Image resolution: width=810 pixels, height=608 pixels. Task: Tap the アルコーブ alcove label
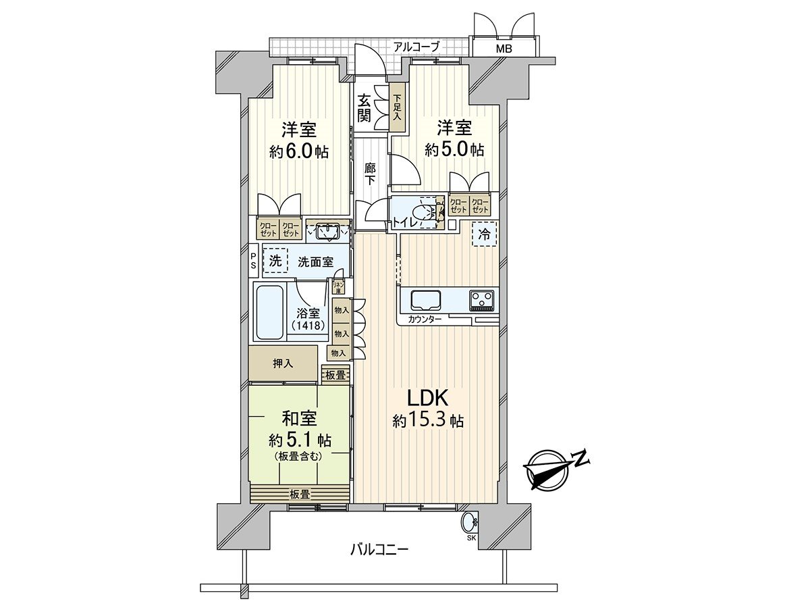[x=416, y=47]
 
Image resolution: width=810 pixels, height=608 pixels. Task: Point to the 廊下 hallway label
[x=370, y=174]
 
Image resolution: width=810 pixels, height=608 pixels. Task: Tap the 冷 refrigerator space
[x=485, y=234]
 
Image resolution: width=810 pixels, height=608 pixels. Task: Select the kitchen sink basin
[x=426, y=299]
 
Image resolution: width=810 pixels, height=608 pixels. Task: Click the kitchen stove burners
[x=483, y=299]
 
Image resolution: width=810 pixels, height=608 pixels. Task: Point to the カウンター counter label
[x=425, y=319]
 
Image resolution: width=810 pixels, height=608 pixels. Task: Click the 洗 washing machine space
[x=275, y=260]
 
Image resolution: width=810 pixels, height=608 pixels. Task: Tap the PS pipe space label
[x=253, y=260]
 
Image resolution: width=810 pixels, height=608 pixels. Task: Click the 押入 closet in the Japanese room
[x=283, y=363]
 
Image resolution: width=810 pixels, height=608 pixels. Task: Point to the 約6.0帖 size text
[x=299, y=151]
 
